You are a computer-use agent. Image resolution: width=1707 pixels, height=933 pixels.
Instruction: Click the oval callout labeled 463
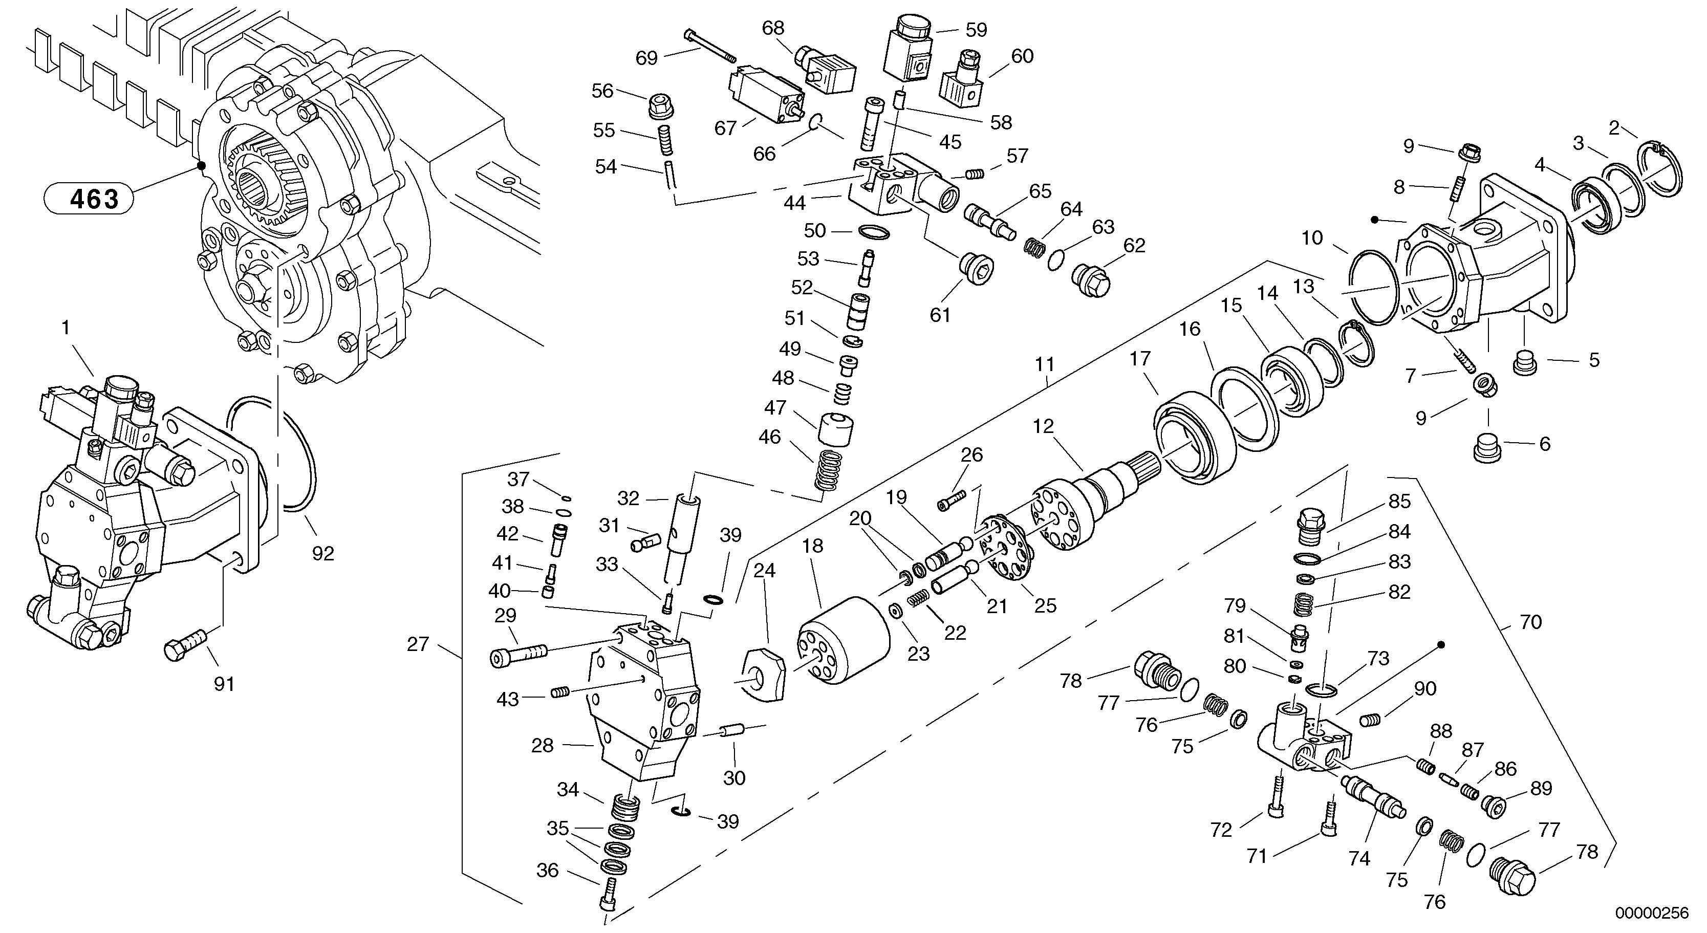pos(88,198)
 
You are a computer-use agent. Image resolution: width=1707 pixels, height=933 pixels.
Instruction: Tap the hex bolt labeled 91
pos(184,644)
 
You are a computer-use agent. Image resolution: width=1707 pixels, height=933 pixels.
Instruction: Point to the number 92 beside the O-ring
pos(323,553)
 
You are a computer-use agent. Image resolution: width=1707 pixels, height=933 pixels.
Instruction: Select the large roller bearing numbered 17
pos(1196,438)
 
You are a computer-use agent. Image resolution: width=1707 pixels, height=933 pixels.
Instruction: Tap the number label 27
pos(418,644)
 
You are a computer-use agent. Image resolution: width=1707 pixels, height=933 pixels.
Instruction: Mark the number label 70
pos(1531,622)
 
